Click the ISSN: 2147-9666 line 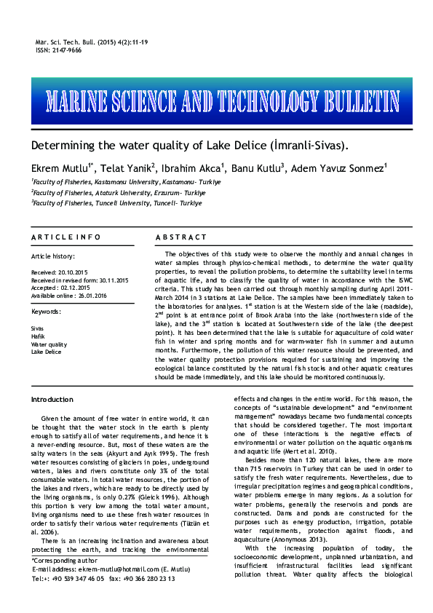point(58,50)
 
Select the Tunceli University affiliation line point(116,203)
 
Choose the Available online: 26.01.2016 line point(70,296)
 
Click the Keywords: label point(46,312)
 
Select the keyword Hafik point(38,336)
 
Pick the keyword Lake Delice point(46,352)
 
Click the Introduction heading point(52,400)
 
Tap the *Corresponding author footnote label point(63,561)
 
